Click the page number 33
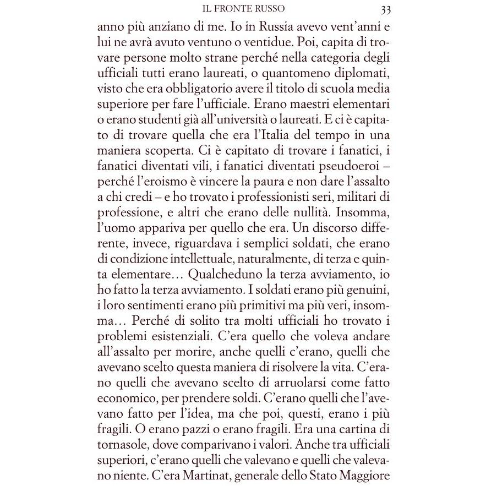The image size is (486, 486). (385, 9)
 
